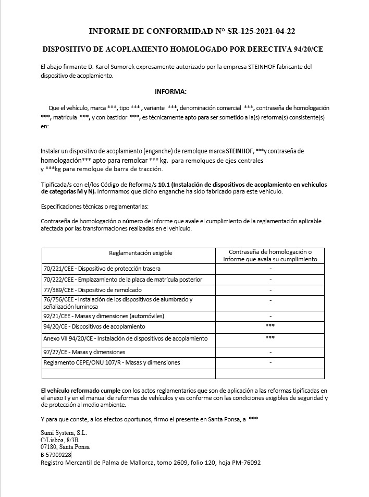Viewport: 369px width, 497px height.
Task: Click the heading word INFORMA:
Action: (170, 92)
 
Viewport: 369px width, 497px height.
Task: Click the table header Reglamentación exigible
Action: (141, 253)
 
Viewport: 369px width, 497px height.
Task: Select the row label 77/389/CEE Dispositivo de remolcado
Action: (93, 289)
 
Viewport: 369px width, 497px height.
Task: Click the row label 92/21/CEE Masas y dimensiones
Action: (104, 316)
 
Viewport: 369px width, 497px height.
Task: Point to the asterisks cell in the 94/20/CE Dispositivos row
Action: (270, 326)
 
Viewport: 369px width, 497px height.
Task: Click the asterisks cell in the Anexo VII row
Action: (270, 338)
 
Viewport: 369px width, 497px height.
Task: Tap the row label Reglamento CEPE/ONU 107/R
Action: (112, 362)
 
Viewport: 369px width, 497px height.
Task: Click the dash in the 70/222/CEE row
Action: (270, 280)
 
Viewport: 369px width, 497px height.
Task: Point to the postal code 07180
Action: (50, 447)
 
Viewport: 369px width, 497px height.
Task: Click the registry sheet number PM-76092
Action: (243, 463)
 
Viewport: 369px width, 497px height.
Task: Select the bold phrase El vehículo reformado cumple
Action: (80, 390)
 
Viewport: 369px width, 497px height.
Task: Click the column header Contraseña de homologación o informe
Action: (270, 256)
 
